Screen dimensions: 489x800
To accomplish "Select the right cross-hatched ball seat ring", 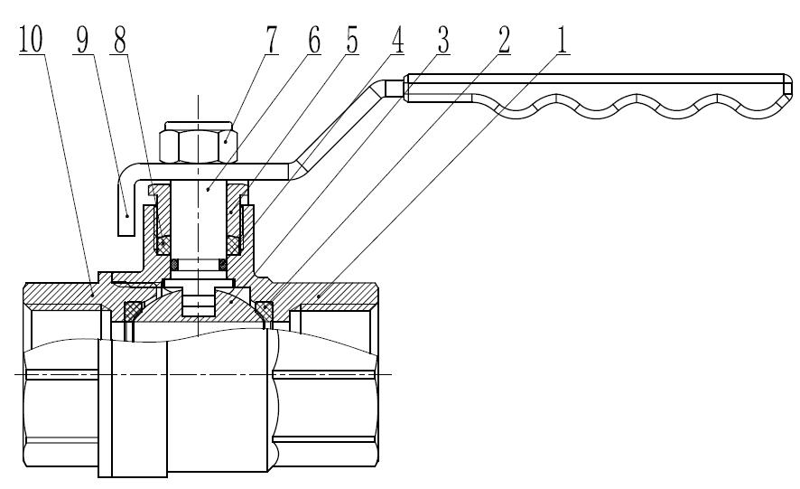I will (x=265, y=310).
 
